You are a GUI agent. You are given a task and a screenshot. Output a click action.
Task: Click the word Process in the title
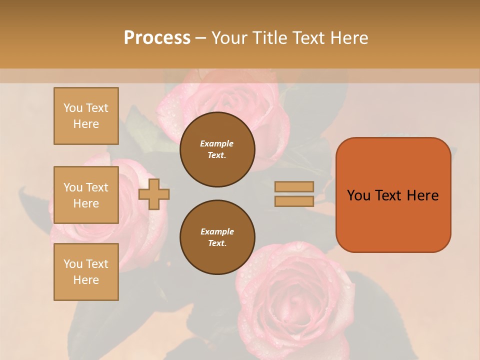[x=157, y=38]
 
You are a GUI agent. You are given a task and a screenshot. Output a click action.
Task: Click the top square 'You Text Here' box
[x=86, y=116]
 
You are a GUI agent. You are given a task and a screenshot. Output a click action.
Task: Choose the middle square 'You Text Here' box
[x=86, y=195]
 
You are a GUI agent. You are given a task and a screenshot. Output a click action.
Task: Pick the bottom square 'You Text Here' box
[x=86, y=271]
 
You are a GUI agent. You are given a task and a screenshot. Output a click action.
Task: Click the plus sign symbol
[x=154, y=194]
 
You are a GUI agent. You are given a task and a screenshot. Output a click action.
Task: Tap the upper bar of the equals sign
[x=294, y=186]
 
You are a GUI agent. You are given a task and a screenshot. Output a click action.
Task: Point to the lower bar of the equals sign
[x=294, y=201]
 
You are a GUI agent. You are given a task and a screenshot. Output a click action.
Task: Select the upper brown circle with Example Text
[x=217, y=149]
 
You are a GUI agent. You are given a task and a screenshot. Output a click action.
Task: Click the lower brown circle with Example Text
[x=217, y=237]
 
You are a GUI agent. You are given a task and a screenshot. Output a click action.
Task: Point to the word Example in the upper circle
[x=217, y=143]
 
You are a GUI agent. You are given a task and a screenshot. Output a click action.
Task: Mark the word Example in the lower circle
[x=217, y=231]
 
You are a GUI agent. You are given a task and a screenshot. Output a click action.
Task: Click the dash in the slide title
[x=200, y=38]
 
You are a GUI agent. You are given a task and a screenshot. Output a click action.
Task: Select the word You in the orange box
[x=358, y=195]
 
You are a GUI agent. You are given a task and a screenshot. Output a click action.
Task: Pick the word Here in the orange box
[x=423, y=195]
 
